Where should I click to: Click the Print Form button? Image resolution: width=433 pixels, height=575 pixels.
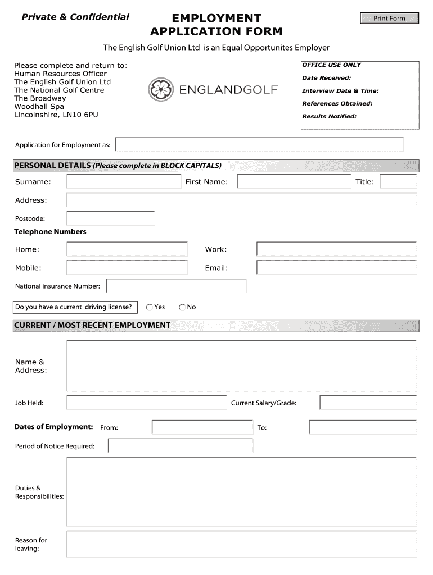click(389, 19)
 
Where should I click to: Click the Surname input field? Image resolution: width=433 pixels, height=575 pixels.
click(124, 181)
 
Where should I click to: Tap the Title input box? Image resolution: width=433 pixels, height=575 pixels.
click(398, 181)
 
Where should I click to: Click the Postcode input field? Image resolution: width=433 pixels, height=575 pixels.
click(111, 218)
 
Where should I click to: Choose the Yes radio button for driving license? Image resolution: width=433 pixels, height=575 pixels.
click(150, 307)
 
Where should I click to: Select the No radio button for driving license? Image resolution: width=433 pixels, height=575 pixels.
click(182, 307)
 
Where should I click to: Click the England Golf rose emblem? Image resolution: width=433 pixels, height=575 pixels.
click(161, 90)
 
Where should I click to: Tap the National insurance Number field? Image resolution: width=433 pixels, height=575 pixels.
click(177, 286)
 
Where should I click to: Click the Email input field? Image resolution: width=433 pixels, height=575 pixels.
click(336, 267)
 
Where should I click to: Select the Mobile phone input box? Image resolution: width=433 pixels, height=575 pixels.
click(127, 267)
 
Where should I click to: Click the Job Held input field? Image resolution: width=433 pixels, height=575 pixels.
click(147, 403)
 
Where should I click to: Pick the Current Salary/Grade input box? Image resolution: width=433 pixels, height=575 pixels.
click(368, 403)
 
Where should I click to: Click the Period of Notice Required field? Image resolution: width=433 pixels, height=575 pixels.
click(181, 446)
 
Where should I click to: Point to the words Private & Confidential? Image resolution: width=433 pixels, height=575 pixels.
click(75, 17)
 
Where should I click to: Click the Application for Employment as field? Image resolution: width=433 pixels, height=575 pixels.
click(259, 145)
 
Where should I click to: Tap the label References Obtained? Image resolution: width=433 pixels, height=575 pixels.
click(337, 103)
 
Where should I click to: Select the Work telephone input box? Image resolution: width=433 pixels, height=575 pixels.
click(336, 249)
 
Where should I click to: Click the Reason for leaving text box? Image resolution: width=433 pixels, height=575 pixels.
click(242, 544)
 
